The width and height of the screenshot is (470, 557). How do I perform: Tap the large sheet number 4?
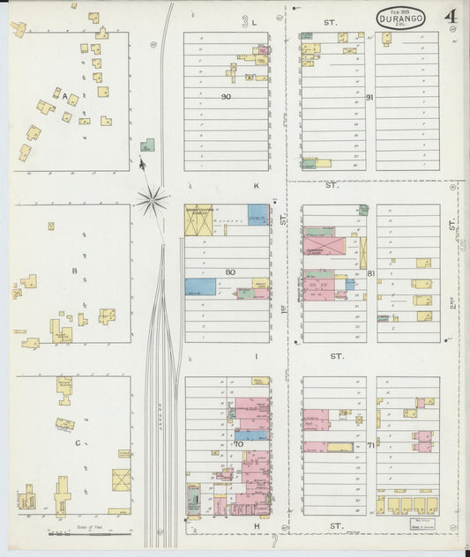451,17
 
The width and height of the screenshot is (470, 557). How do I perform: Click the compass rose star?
153,201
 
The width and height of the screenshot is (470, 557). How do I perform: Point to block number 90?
226,96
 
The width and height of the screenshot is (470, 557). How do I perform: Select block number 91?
369,97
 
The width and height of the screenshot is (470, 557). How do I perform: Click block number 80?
229,271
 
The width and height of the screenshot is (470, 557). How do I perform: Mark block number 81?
371,273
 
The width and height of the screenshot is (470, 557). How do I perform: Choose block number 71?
370,445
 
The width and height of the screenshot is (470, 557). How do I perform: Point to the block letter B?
75,271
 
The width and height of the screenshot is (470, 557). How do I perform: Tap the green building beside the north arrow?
149,145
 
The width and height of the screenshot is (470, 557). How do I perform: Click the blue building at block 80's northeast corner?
258,215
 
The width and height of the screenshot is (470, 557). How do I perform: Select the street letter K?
256,187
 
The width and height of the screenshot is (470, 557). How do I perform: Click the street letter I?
256,356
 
